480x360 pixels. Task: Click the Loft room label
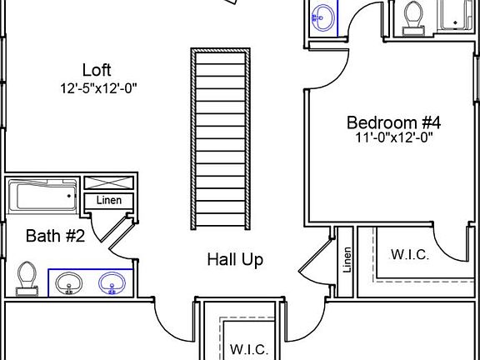pyautogui.click(x=97, y=70)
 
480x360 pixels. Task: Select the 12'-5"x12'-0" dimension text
pyautogui.click(x=98, y=89)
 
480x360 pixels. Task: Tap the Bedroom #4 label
pyautogui.click(x=393, y=122)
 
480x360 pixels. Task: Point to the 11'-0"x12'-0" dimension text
pyautogui.click(x=394, y=137)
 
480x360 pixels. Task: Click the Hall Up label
pyautogui.click(x=235, y=260)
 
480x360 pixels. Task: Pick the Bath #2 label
pyautogui.click(x=55, y=236)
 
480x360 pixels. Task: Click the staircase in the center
pyautogui.click(x=220, y=138)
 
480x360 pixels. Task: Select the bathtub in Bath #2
pyautogui.click(x=42, y=196)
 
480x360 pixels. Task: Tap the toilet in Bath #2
pyautogui.click(x=27, y=278)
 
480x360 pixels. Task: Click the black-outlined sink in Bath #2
pyautogui.click(x=69, y=283)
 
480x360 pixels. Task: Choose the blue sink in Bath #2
pyautogui.click(x=112, y=283)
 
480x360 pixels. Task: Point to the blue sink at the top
pyautogui.click(x=323, y=18)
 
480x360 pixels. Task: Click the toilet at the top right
pyautogui.click(x=413, y=18)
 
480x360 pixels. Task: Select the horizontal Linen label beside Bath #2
pyautogui.click(x=109, y=201)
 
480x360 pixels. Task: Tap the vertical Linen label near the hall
pyautogui.click(x=347, y=260)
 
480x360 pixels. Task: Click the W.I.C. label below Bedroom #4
pyautogui.click(x=410, y=255)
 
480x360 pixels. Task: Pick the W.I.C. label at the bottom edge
pyautogui.click(x=249, y=349)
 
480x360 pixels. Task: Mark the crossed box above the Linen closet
pyautogui.click(x=109, y=182)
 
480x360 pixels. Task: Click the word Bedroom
pyautogui.click(x=382, y=122)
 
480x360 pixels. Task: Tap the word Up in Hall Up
pyautogui.click(x=252, y=260)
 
